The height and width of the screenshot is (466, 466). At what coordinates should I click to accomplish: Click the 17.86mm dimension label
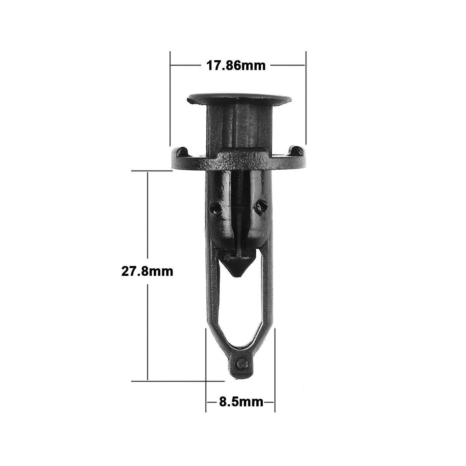pyautogui.click(x=236, y=66)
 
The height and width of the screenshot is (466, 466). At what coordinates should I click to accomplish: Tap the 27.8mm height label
pyautogui.click(x=147, y=271)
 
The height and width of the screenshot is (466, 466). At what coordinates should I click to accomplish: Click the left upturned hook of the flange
pyautogui.click(x=182, y=152)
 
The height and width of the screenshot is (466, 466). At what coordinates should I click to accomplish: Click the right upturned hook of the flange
pyautogui.click(x=297, y=151)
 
